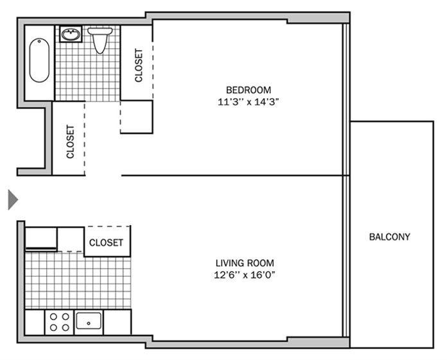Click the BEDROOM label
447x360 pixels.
tap(248, 90)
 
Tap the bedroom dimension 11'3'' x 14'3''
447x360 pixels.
tap(248, 101)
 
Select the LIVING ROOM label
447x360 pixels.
tap(245, 262)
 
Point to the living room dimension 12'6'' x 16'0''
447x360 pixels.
tap(245, 275)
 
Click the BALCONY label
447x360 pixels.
tap(389, 237)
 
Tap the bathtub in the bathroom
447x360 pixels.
tap(39, 61)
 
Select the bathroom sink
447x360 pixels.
tap(70, 34)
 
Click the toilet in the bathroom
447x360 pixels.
tap(100, 40)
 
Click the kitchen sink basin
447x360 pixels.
tap(89, 320)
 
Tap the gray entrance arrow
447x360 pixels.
tap(12, 199)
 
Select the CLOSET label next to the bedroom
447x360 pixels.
tap(139, 66)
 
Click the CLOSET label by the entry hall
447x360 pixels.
tap(70, 141)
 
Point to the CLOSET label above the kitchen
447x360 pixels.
tap(106, 243)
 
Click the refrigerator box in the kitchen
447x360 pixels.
tap(40, 238)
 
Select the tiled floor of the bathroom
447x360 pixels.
tap(87, 74)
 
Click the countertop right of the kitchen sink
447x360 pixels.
tap(118, 321)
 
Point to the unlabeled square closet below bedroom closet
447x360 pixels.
tap(136, 116)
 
